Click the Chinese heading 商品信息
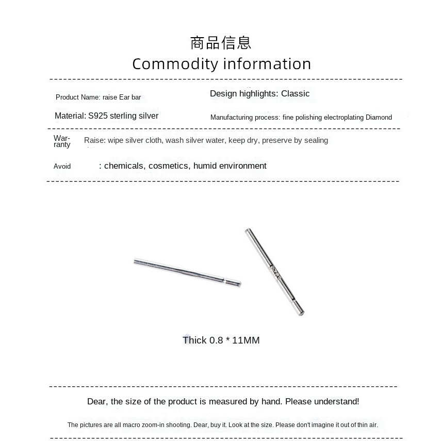220,42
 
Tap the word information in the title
267,64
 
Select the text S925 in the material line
98,116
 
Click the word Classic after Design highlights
295,93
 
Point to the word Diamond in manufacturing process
379,117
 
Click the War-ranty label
62,141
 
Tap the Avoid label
62,166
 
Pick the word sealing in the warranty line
316,140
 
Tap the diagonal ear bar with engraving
274,271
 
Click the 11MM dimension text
246,340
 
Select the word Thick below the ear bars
194,340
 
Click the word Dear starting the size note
97,401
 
